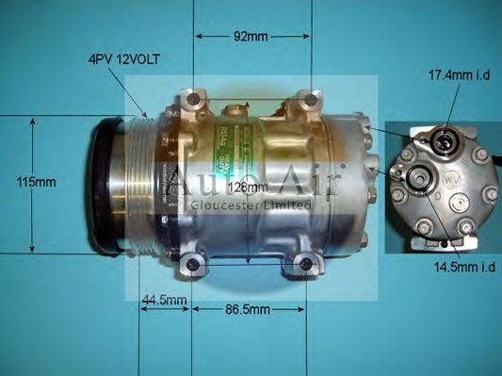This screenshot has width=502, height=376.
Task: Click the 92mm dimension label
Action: [x=251, y=38]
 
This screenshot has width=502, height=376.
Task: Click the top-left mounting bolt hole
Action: [x=194, y=97]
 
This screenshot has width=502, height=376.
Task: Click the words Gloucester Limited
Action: [x=250, y=204]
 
